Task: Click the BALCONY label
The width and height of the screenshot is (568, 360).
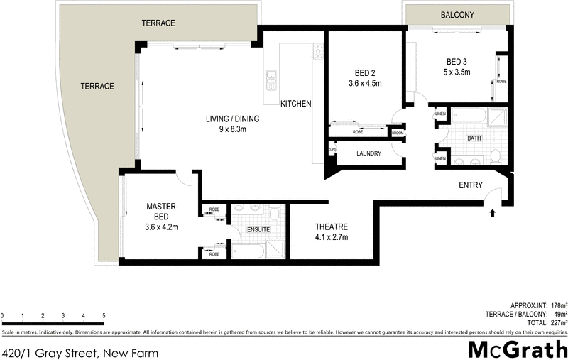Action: [x=457, y=15]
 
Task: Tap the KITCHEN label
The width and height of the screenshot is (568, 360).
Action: [x=296, y=104]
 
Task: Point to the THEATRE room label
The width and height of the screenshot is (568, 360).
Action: [x=332, y=227]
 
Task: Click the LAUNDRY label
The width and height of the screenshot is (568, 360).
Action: [x=368, y=153]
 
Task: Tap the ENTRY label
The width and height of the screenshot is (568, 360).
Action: [x=471, y=185]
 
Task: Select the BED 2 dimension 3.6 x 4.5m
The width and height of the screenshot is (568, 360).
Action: [x=365, y=84]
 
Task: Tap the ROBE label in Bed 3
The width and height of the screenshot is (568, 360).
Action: [x=501, y=82]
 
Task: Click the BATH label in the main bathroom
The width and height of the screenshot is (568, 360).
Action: [x=474, y=138]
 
